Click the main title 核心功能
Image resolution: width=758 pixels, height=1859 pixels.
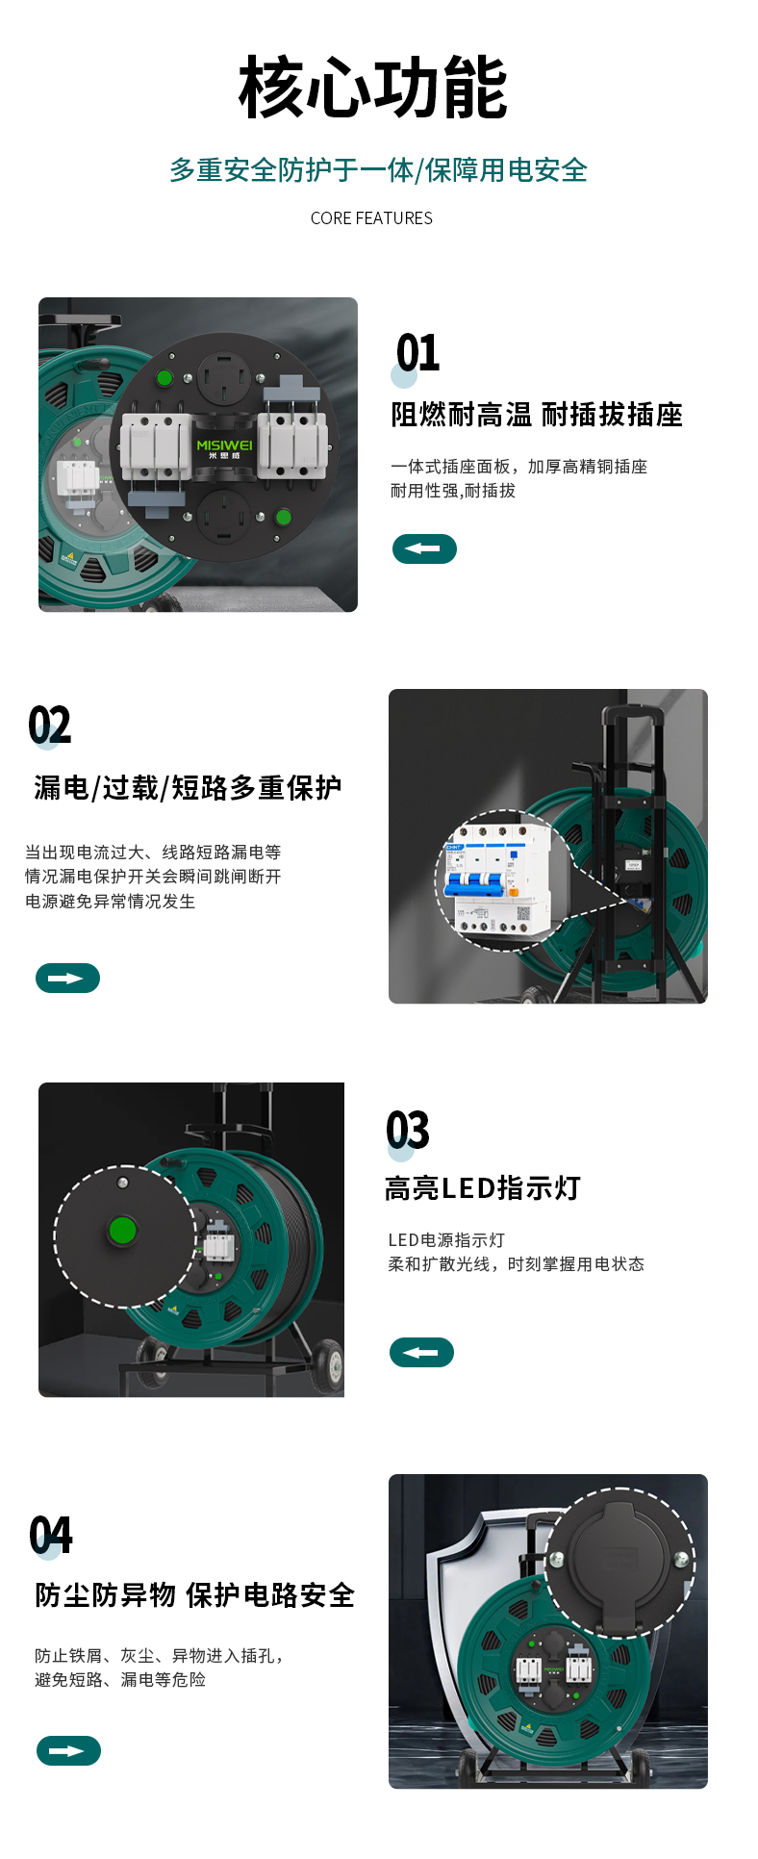click(x=373, y=88)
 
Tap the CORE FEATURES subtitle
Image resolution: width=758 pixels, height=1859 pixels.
click(x=371, y=218)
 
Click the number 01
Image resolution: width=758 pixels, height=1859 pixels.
click(x=417, y=353)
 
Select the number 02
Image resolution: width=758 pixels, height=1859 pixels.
click(x=49, y=726)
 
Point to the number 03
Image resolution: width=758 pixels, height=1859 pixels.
click(x=408, y=1130)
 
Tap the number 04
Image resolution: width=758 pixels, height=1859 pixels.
click(x=50, y=1535)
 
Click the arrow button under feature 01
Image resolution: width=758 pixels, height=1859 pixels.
click(x=424, y=548)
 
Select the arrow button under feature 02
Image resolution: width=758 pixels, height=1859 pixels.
click(x=67, y=978)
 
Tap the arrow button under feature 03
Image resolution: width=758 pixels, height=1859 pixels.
click(x=421, y=1352)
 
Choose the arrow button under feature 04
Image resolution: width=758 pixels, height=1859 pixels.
click(x=68, y=1750)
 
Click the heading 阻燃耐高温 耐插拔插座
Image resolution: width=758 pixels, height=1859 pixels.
click(x=537, y=415)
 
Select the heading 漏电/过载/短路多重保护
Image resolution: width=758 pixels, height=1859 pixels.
click(x=188, y=788)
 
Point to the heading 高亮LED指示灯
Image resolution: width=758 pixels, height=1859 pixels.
click(x=483, y=1188)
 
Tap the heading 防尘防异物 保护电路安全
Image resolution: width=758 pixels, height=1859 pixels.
click(x=195, y=1595)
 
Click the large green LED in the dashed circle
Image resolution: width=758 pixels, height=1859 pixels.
click(x=122, y=1231)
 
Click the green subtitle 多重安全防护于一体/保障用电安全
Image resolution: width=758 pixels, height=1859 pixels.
click(x=378, y=170)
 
